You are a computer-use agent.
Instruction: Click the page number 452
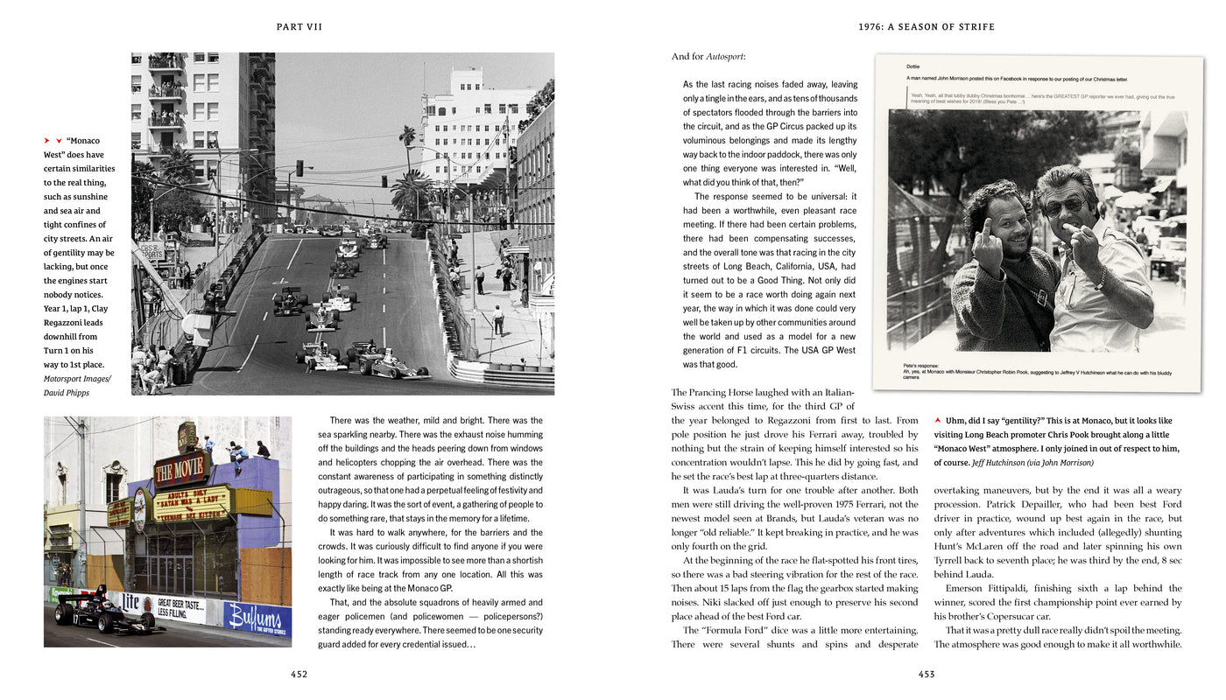point(299,674)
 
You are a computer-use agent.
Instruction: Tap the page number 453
point(927,674)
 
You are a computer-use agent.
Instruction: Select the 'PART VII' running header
point(299,27)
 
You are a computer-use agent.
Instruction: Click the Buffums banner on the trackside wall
point(257,617)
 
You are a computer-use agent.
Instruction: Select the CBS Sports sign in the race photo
point(153,250)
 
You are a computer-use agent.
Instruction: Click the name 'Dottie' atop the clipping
point(912,66)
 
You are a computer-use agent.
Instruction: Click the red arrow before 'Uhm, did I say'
point(939,421)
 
